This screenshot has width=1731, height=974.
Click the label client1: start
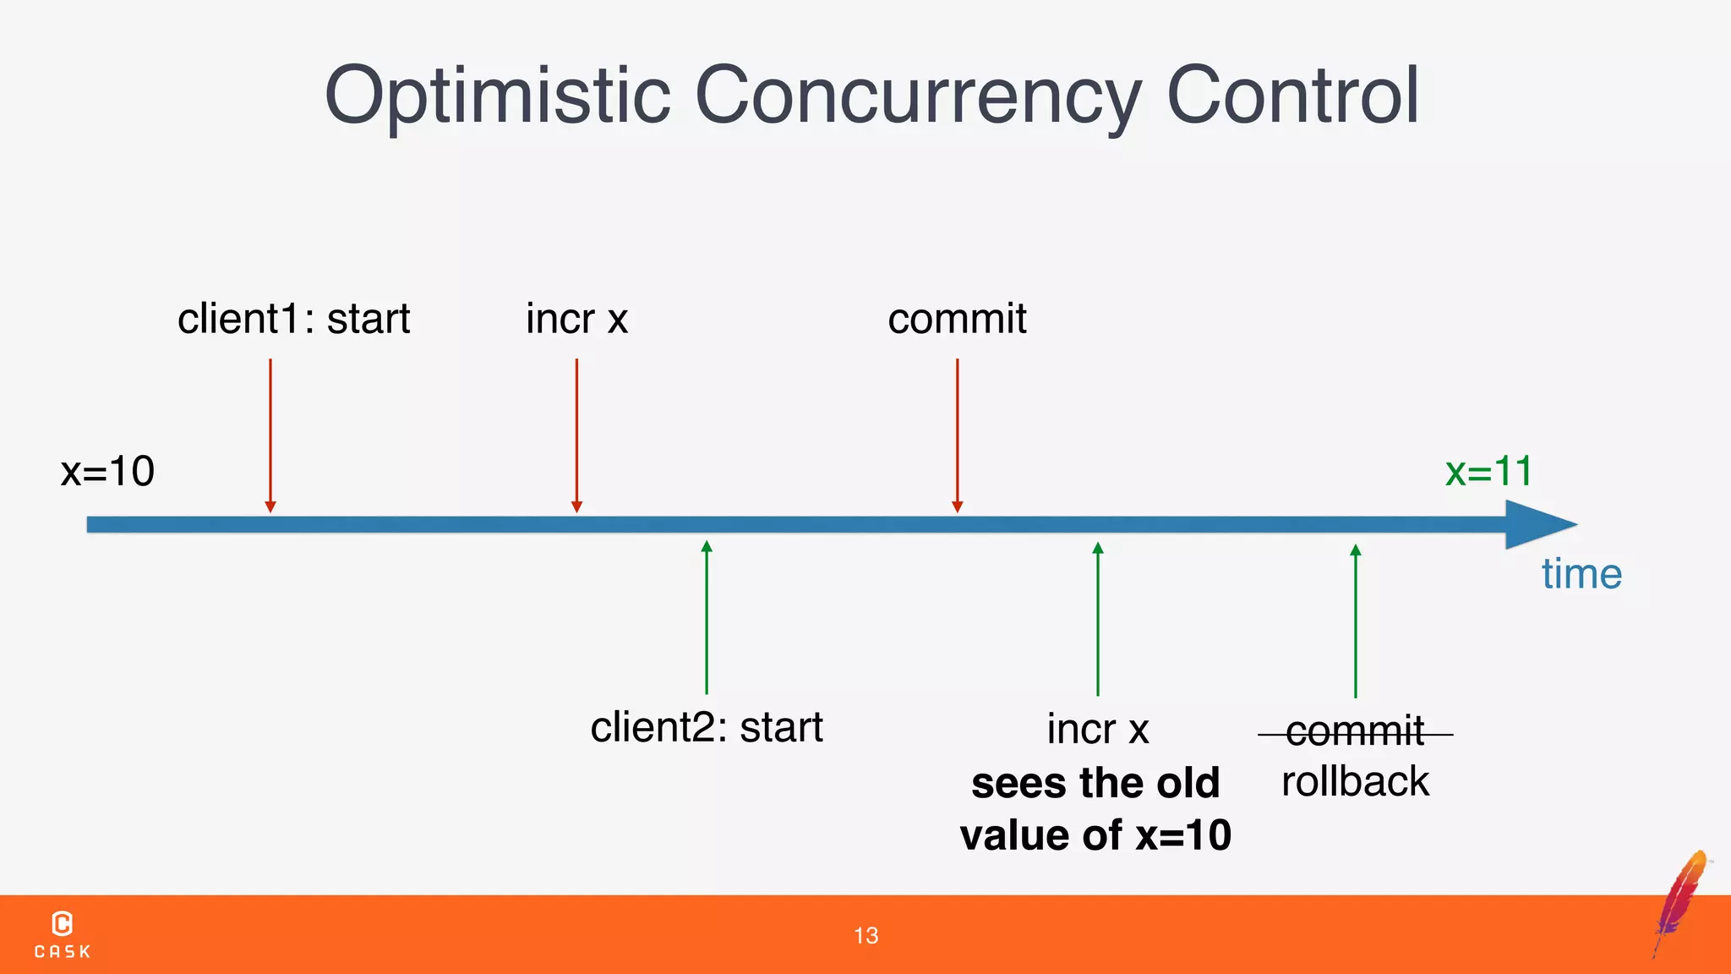(293, 320)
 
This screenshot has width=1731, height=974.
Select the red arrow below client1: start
(270, 435)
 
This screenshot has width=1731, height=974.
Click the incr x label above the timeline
(576, 320)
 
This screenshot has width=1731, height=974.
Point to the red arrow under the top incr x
(576, 435)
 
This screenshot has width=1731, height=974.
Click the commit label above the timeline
(957, 320)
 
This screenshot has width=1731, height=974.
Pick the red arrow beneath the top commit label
(957, 435)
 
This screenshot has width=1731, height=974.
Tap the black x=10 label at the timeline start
(107, 471)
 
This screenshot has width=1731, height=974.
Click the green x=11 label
(1488, 471)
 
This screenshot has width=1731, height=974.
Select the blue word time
(1581, 574)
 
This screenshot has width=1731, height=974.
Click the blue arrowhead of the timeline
(1538, 524)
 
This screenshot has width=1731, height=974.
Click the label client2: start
(706, 727)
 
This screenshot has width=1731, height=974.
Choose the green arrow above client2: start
(707, 617)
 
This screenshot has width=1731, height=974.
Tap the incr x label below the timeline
(1097, 729)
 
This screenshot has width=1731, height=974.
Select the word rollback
(1355, 781)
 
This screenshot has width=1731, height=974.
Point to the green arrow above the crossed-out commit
(1356, 621)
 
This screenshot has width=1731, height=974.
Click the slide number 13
(865, 935)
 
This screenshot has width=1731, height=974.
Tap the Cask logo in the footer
(63, 934)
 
